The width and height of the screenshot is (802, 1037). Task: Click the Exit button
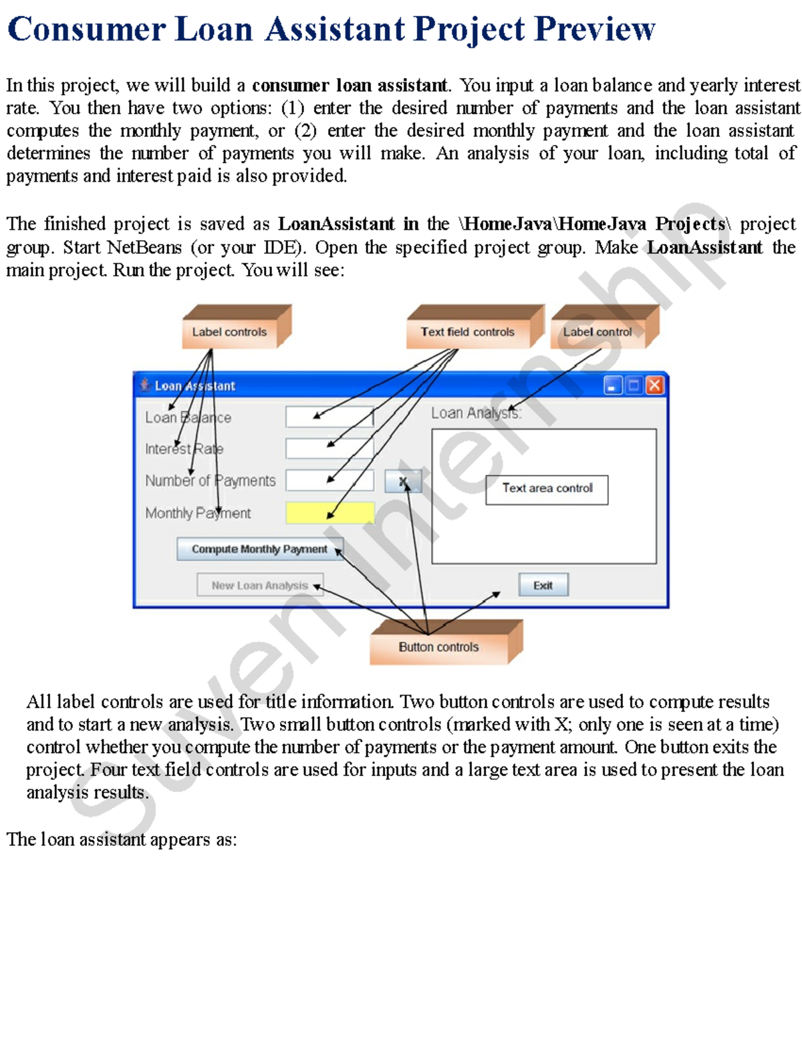(543, 585)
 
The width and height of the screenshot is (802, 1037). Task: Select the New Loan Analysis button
(260, 585)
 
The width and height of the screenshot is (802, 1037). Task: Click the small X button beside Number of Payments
(403, 481)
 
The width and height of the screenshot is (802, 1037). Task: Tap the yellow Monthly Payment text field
(329, 513)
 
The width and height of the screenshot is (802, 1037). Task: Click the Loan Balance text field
(329, 417)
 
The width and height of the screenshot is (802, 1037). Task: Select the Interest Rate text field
(329, 448)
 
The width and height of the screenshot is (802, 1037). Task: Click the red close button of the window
(655, 385)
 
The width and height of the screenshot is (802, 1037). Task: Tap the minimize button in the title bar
(612, 385)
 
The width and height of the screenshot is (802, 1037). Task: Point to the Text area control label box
(547, 489)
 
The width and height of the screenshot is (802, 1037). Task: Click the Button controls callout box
(439, 647)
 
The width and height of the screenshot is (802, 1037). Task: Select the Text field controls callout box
(468, 332)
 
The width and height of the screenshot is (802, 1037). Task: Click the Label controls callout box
(229, 332)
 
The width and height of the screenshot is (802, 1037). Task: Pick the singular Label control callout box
(597, 332)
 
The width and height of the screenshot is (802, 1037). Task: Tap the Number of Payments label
(210, 481)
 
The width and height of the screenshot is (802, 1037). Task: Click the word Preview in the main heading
(595, 29)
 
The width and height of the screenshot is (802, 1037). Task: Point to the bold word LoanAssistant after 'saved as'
(336, 224)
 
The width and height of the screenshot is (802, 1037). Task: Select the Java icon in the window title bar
(144, 385)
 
